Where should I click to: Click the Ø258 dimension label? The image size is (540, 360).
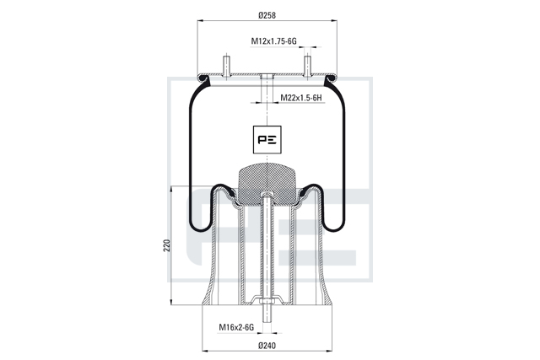pyautogui.click(x=267, y=15)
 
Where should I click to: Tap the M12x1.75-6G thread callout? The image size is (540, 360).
pyautogui.click(x=273, y=41)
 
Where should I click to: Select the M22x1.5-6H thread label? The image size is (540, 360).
pyautogui.click(x=301, y=98)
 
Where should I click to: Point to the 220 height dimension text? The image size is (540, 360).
pyautogui.click(x=167, y=245)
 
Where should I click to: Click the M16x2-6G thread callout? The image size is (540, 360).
pyautogui.click(x=236, y=327)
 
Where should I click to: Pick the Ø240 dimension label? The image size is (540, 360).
pyautogui.click(x=267, y=346)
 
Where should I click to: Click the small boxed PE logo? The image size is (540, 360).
pyautogui.click(x=267, y=139)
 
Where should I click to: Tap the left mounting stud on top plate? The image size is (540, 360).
pyautogui.click(x=226, y=67)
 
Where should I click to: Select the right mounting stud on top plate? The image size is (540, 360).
pyautogui.click(x=307, y=67)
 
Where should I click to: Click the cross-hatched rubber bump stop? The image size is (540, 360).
pyautogui.click(x=267, y=185)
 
